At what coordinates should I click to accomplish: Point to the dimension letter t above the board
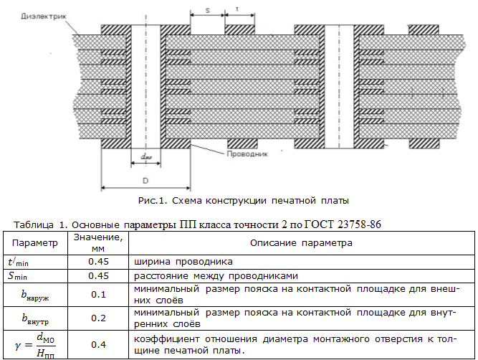237,11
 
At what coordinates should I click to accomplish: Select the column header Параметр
35,243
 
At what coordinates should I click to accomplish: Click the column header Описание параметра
301,243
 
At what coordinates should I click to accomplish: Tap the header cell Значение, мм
98,243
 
